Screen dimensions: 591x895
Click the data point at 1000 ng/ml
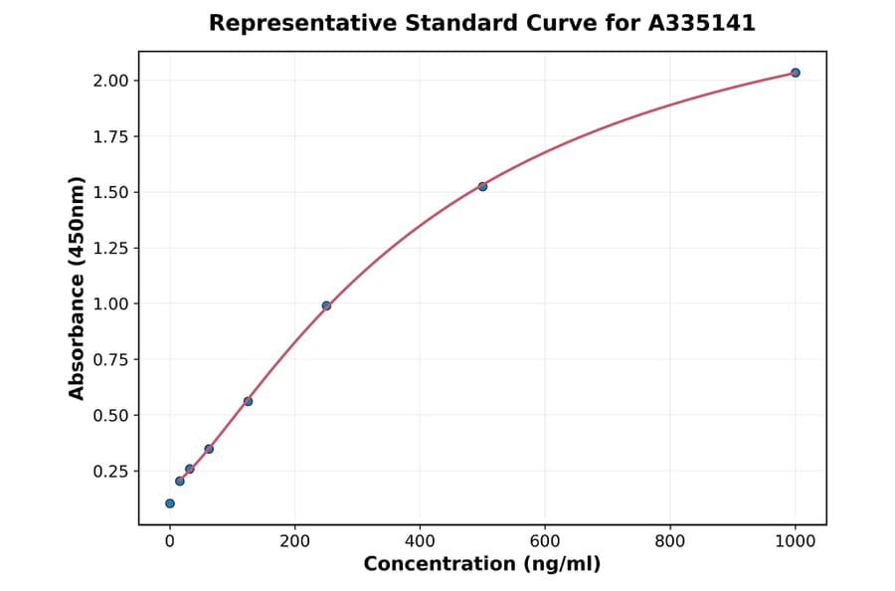795,73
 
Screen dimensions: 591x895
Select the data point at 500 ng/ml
482,186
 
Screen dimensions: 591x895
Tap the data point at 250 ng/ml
326,305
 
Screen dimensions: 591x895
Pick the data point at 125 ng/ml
248,401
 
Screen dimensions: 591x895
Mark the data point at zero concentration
170,503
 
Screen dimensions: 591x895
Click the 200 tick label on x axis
294,542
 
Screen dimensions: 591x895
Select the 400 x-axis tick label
420,542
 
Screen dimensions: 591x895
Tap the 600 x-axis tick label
545,542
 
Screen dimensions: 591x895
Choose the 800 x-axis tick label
670,542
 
